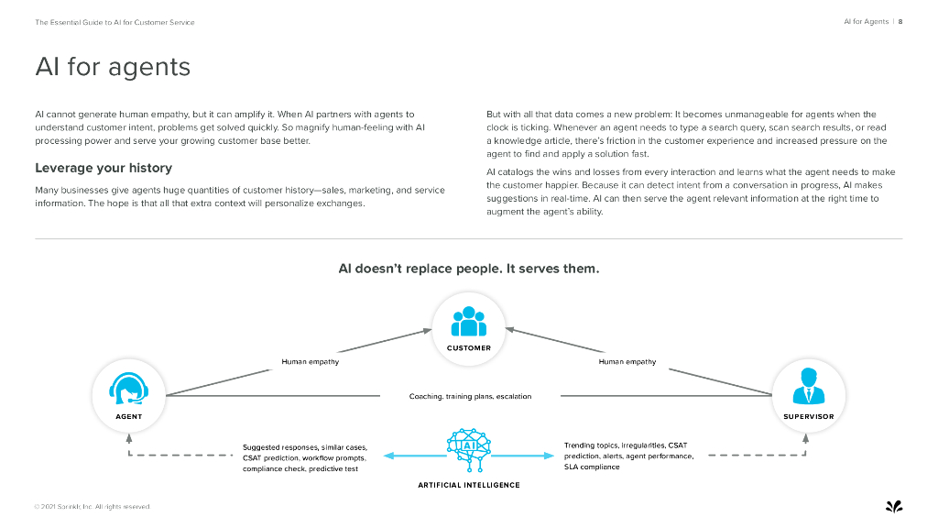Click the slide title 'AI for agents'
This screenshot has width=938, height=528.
pyautogui.click(x=113, y=67)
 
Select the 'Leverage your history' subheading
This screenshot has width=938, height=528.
pyautogui.click(x=104, y=168)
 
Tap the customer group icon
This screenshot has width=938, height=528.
pyautogui.click(x=469, y=322)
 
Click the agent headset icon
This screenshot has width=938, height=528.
pyautogui.click(x=128, y=389)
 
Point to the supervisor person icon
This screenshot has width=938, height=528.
pyautogui.click(x=808, y=387)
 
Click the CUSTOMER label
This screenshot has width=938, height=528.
pyautogui.click(x=469, y=348)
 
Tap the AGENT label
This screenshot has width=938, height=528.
pyautogui.click(x=128, y=417)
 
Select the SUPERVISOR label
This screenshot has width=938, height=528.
pyautogui.click(x=808, y=417)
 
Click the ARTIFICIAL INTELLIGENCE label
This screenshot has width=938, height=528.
pyautogui.click(x=469, y=485)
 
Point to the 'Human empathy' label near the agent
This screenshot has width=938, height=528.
pyautogui.click(x=310, y=362)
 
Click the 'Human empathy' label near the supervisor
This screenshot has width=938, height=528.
pyautogui.click(x=627, y=362)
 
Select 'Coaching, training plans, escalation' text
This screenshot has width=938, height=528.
pyautogui.click(x=470, y=397)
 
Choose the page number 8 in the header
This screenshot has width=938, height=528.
pyautogui.click(x=900, y=22)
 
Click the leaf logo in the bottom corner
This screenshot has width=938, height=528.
pyautogui.click(x=894, y=506)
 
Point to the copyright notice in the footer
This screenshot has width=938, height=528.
pyautogui.click(x=92, y=507)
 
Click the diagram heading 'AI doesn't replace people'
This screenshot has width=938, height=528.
pyautogui.click(x=469, y=269)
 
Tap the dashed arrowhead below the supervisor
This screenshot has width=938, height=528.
pyautogui.click(x=806, y=438)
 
